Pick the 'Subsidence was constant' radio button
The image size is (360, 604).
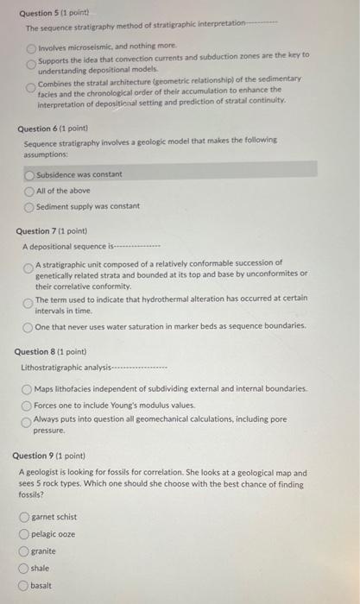coord(29,174)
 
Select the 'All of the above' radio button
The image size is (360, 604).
coord(29,191)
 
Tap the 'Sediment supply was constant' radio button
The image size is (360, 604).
coord(29,207)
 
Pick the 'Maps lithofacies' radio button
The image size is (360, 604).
coord(28,388)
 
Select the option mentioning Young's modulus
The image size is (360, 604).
coord(28,405)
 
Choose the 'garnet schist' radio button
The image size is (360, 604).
coord(24,517)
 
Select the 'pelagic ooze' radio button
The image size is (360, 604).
coord(24,534)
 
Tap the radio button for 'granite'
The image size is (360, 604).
coord(24,551)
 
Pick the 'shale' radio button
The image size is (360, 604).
coord(24,569)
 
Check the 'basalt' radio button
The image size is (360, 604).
coord(24,586)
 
